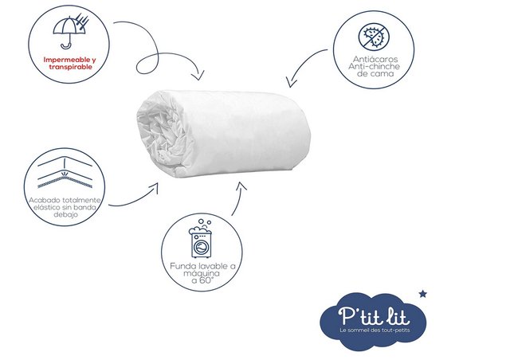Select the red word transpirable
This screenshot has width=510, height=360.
[x=71, y=67]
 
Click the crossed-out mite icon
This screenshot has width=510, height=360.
[x=374, y=37]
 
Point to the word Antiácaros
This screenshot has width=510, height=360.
[x=375, y=59]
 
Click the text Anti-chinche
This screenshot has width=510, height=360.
[x=374, y=66]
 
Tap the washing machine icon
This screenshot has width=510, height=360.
[x=201, y=238]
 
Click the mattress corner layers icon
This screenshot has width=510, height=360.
[x=65, y=173]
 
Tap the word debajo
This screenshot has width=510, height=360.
[x=65, y=214]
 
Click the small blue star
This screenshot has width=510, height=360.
[x=422, y=294]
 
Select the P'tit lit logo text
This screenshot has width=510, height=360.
[x=374, y=315]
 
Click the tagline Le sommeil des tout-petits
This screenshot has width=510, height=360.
[x=375, y=330]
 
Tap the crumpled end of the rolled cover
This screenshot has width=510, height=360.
[x=160, y=134]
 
